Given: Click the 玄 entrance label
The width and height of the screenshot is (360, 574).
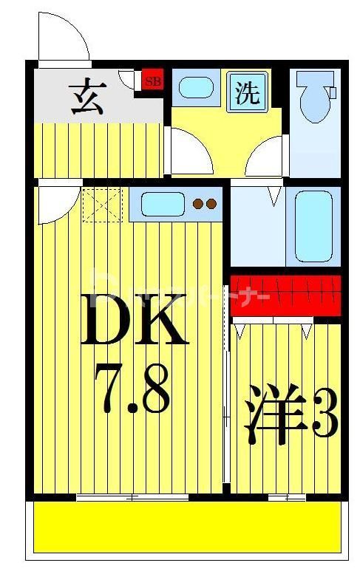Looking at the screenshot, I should click(86, 98).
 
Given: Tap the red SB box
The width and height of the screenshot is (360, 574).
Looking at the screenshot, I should click(152, 81).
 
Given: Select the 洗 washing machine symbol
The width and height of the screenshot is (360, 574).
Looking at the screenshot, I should click(248, 92).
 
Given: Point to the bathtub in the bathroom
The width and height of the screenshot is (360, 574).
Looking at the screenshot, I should click(313, 226).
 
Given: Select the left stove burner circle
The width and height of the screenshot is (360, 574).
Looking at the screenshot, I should click(198, 204).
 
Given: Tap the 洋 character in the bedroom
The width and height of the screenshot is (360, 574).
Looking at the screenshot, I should click(267, 418).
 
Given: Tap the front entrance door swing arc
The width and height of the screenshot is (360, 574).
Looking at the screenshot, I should click(64, 37).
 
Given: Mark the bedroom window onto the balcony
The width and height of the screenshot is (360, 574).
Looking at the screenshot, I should click(287, 497).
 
